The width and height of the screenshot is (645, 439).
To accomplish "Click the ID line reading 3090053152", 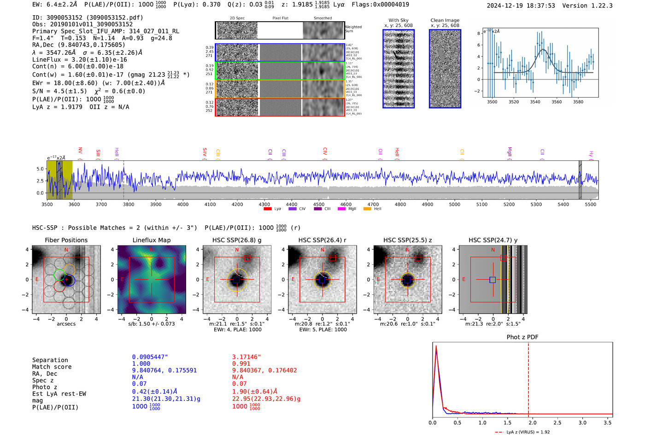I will point(88,18).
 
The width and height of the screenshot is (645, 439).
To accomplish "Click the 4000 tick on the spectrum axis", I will point(183,204).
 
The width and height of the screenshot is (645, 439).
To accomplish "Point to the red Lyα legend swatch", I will point(268,209).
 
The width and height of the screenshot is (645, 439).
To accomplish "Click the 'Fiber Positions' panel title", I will point(66,240).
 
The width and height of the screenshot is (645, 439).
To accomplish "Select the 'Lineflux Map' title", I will point(151,240).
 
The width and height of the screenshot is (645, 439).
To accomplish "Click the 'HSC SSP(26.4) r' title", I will point(322,240).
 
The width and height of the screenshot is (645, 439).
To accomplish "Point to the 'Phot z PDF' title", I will point(522,337).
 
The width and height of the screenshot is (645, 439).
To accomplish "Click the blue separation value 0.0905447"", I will point(150,357).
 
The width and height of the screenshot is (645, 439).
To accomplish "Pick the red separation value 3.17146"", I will point(246,357).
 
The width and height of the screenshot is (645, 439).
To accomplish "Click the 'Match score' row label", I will point(52,367).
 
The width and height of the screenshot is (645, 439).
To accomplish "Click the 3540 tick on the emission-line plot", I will point(535,102).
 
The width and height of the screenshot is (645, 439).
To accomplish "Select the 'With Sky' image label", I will point(398,20).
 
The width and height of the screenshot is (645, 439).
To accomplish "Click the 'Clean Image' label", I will point(445,20).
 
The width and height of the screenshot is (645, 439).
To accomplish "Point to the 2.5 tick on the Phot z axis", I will point(557,422).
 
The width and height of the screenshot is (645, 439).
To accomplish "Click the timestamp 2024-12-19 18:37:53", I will point(521,6).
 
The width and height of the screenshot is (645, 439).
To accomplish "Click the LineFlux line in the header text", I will point(79,59).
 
